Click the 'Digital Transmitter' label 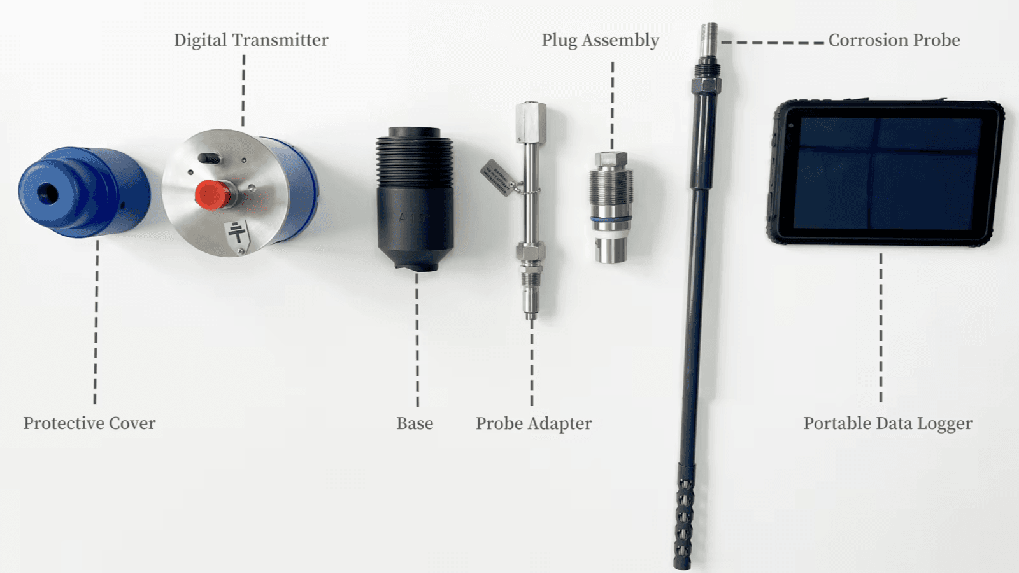(251, 40)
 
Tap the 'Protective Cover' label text (89, 423)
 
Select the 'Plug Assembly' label (600, 40)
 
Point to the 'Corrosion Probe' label (894, 40)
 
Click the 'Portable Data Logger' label (887, 423)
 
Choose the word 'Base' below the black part (415, 423)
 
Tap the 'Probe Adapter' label (533, 423)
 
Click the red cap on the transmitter (213, 195)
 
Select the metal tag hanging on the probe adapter (497, 177)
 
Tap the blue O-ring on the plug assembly (611, 219)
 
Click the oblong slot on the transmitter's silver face (210, 158)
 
